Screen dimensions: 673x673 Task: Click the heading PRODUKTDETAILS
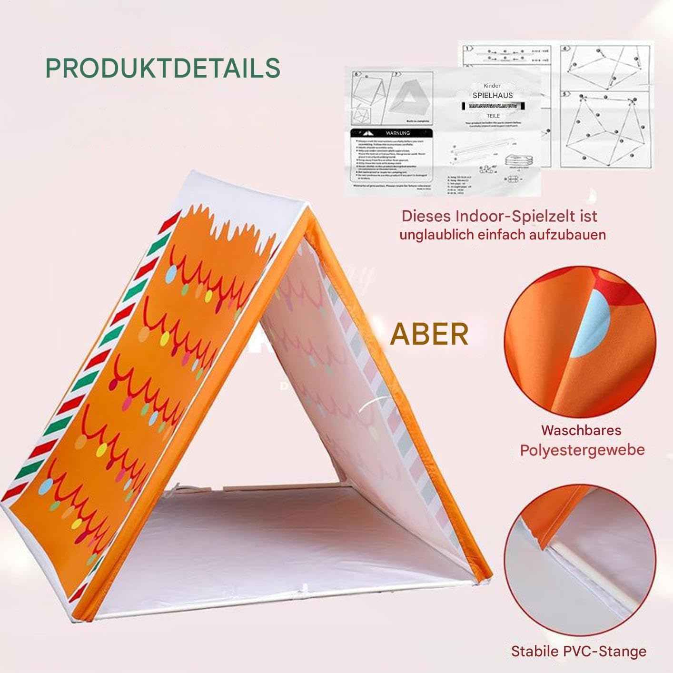(163, 68)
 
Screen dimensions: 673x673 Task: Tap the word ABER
(429, 334)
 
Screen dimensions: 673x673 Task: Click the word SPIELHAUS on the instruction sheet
(493, 96)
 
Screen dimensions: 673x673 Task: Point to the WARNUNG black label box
(391, 133)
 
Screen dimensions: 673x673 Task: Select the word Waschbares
(581, 430)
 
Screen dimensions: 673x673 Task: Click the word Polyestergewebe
(582, 450)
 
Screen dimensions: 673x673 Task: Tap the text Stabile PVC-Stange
(578, 651)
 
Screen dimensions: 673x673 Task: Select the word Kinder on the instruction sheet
(493, 86)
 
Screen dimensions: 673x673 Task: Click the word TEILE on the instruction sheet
(493, 116)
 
